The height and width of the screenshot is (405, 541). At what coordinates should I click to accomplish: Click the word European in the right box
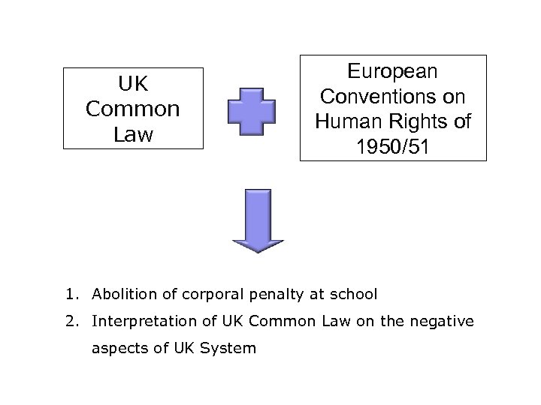tap(393, 72)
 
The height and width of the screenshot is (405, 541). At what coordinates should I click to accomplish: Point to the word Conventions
tap(393, 97)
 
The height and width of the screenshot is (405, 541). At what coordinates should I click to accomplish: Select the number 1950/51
tap(393, 146)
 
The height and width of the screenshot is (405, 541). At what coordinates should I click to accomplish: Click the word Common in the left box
tap(134, 109)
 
